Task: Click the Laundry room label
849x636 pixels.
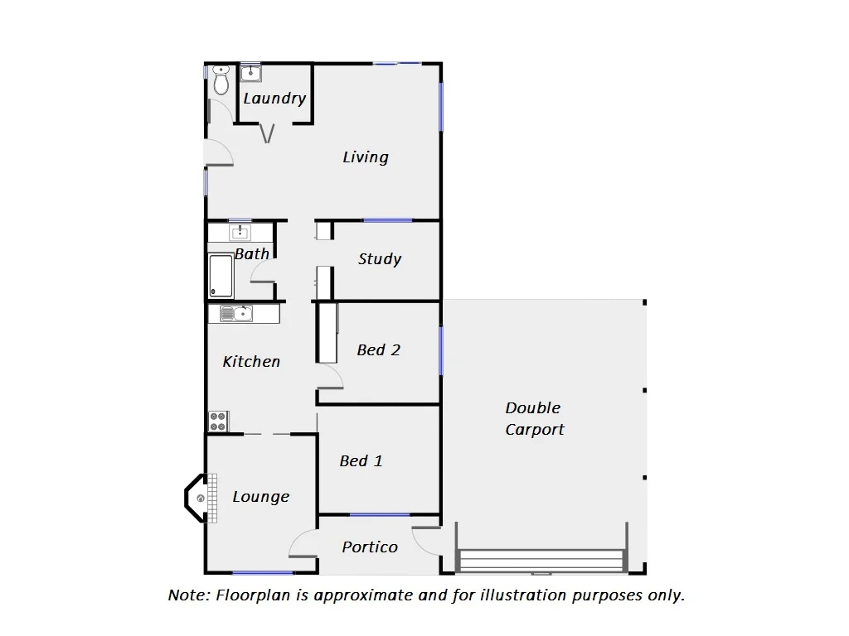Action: (x=274, y=99)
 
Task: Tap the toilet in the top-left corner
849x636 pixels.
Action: (x=221, y=81)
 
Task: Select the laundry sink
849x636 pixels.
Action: (x=250, y=73)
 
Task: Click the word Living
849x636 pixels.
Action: (x=366, y=157)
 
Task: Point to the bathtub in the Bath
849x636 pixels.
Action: (x=221, y=275)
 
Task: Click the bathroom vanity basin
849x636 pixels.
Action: (x=240, y=232)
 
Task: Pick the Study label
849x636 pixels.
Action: (x=380, y=259)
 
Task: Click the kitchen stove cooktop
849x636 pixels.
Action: (x=218, y=421)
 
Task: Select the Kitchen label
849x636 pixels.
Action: (x=251, y=362)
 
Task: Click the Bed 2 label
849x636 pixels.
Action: (x=378, y=350)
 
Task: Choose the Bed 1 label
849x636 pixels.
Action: (x=361, y=461)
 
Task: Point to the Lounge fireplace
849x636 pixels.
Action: (x=199, y=498)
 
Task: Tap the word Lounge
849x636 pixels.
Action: (x=261, y=497)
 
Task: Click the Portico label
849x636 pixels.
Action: (x=370, y=547)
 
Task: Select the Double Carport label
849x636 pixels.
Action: (x=535, y=419)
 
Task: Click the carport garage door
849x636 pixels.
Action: (x=541, y=561)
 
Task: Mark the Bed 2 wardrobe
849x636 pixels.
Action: (x=327, y=332)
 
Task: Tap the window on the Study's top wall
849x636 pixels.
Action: (x=387, y=220)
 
